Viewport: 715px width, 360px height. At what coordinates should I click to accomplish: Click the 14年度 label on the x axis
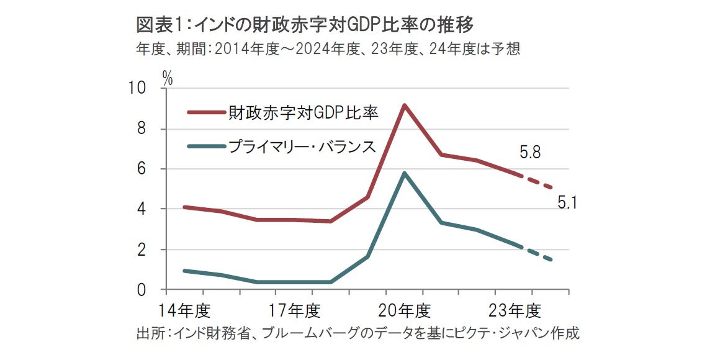(x=186, y=308)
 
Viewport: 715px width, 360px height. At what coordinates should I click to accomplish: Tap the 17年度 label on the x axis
(x=295, y=308)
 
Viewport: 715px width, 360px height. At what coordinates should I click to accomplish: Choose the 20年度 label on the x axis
(x=405, y=308)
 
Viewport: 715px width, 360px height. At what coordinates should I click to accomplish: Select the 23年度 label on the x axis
(x=514, y=308)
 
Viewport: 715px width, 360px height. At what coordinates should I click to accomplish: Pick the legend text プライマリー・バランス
(x=302, y=146)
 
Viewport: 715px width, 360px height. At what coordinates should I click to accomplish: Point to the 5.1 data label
(x=568, y=202)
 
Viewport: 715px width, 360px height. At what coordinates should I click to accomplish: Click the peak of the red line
(x=405, y=105)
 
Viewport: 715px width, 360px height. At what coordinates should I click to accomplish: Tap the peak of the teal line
(x=405, y=173)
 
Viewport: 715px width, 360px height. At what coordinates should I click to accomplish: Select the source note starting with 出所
(x=357, y=333)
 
